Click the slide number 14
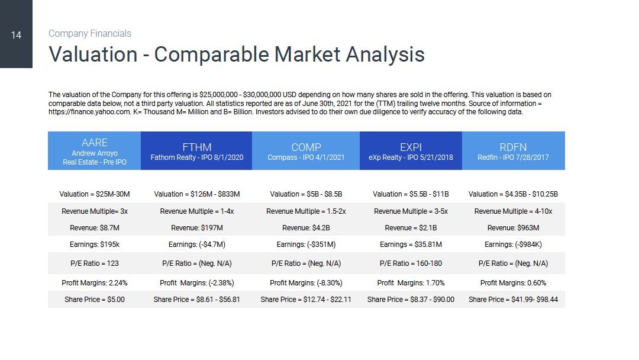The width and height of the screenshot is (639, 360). pyautogui.click(x=17, y=35)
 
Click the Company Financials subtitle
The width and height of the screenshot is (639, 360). pyautogui.click(x=90, y=33)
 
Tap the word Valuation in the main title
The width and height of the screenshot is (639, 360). pyautogui.click(x=93, y=54)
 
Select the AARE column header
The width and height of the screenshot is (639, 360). pyautogui.click(x=95, y=151)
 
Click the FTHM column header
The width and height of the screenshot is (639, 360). pyautogui.click(x=196, y=151)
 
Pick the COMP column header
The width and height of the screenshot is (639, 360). pyautogui.click(x=306, y=151)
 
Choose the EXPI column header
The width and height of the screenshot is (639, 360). pyautogui.click(x=411, y=151)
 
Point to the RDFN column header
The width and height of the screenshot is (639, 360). pyautogui.click(x=514, y=151)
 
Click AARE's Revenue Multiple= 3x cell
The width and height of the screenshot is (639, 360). pyautogui.click(x=95, y=211)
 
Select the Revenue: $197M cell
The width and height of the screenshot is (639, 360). pyautogui.click(x=197, y=228)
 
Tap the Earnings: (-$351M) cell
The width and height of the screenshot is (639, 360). pyautogui.click(x=306, y=245)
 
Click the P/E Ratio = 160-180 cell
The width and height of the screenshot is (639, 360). pyautogui.click(x=411, y=263)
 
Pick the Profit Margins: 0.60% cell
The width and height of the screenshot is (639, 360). pyautogui.click(x=513, y=283)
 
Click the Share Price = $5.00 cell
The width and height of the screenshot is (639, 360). pyautogui.click(x=95, y=300)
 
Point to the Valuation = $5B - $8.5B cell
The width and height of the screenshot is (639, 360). pyautogui.click(x=306, y=194)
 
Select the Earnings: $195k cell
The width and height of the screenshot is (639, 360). pyautogui.click(x=95, y=245)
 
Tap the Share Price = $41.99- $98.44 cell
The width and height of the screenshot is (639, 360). pyautogui.click(x=513, y=300)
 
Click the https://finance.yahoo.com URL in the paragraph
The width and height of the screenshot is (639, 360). pyautogui.click(x=89, y=112)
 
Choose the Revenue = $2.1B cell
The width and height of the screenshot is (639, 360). pyautogui.click(x=411, y=228)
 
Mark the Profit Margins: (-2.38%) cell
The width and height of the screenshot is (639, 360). pyautogui.click(x=197, y=283)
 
